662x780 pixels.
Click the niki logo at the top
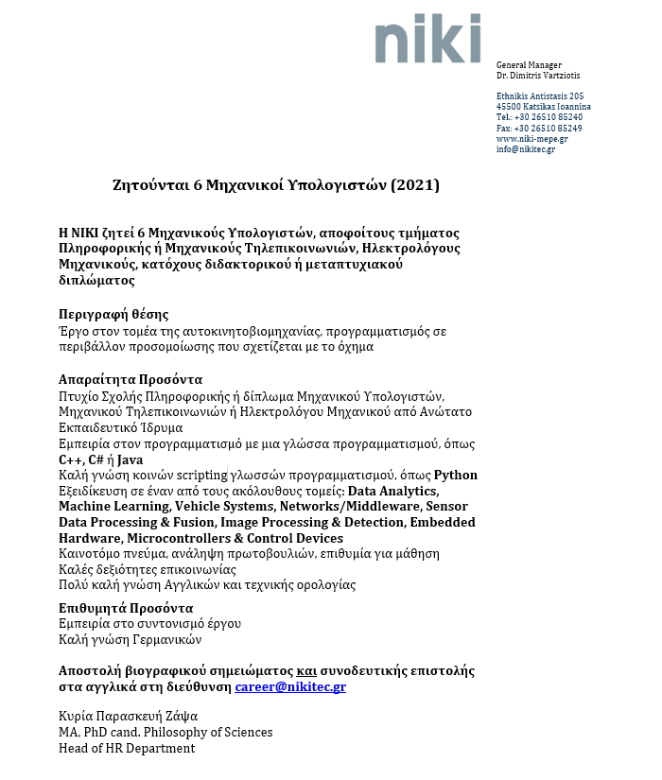coord(427,39)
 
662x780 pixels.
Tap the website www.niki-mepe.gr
coord(531,139)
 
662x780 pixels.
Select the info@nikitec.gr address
coord(526,149)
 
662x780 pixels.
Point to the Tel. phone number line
coord(539,117)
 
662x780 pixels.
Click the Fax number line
coord(539,128)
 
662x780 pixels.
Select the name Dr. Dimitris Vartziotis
coord(538,75)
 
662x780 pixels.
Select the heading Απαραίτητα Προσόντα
coord(124,378)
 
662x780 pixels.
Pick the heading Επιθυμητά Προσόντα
coord(126,607)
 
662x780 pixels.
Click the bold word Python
coord(456,475)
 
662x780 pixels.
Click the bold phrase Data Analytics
coord(393,491)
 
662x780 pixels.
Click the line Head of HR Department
coord(127,748)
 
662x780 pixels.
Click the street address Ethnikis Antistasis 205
coord(540,96)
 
